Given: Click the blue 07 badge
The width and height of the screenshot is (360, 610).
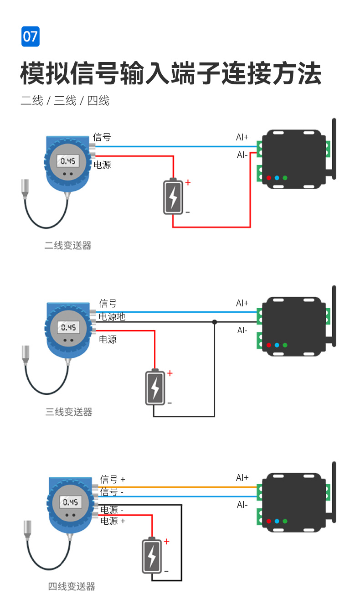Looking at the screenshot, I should (x=31, y=36).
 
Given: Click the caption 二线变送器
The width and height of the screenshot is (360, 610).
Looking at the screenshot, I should (x=68, y=246).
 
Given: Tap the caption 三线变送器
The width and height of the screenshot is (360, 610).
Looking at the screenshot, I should (x=69, y=412).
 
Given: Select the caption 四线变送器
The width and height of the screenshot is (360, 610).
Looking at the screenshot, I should (x=72, y=587).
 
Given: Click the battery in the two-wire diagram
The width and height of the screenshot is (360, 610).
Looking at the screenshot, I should (x=173, y=196).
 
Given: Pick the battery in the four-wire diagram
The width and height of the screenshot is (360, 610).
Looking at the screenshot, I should (x=152, y=556).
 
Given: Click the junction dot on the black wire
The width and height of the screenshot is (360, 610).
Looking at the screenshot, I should (x=215, y=322).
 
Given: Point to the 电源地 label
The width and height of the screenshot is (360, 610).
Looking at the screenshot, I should (x=112, y=317).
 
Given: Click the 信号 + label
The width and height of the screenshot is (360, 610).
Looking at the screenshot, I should (x=113, y=480).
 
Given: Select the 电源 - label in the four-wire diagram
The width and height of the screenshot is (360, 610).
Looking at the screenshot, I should (x=112, y=510).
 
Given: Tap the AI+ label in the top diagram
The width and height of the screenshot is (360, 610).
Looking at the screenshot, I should (x=242, y=137).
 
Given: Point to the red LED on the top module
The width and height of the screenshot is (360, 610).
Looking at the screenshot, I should (x=269, y=178).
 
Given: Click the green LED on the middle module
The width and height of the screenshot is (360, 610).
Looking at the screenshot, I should (x=285, y=345).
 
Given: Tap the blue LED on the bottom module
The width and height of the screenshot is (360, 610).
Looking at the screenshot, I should (x=277, y=521).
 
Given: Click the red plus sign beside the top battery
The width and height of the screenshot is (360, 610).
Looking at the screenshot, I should (x=188, y=183).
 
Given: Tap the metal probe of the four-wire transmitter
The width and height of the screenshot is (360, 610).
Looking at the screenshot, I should (x=28, y=521).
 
